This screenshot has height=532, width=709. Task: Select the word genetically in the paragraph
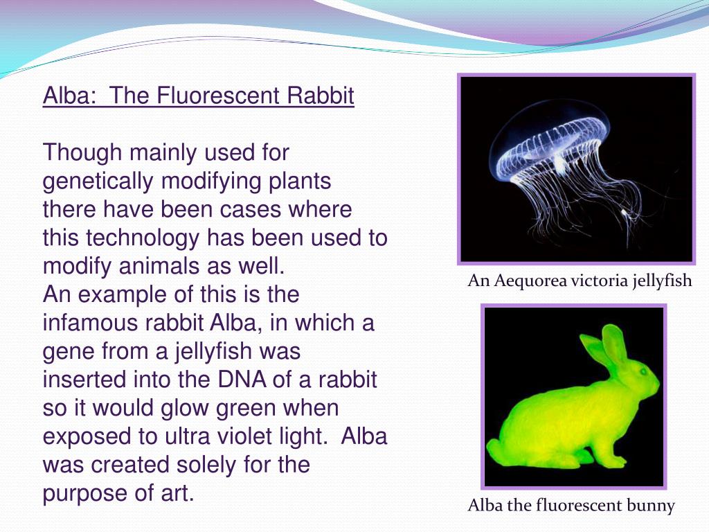(x=99, y=181)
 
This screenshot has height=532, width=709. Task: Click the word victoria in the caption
(x=595, y=281)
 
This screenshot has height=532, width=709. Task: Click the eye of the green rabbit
(x=640, y=371)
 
